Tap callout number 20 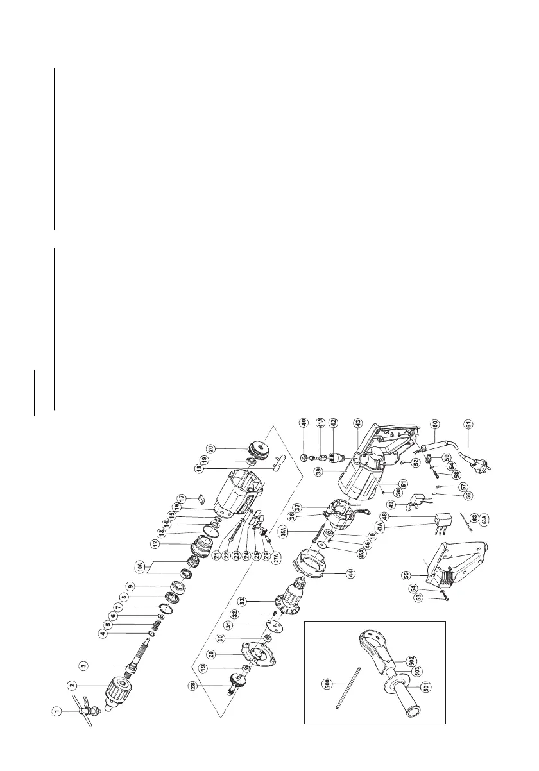click(210, 448)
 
